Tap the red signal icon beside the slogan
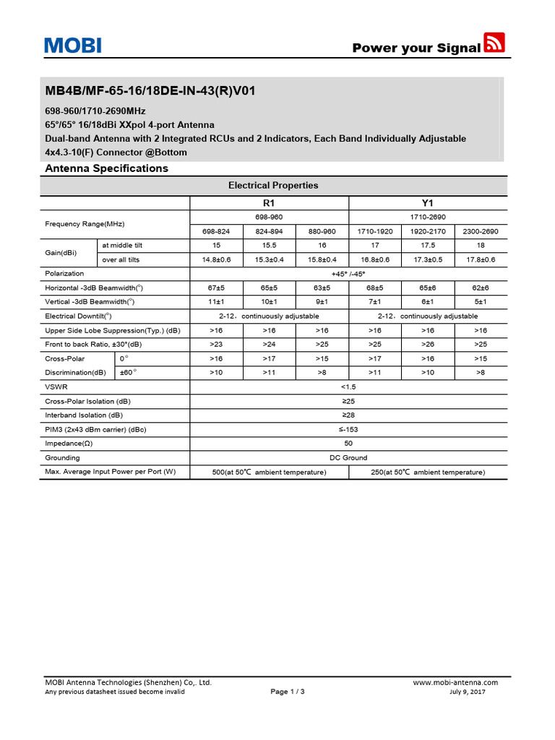tap(494, 43)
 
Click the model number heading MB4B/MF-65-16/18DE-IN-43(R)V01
tap(150, 92)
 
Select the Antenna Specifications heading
tap(106, 168)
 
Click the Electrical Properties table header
tap(273, 185)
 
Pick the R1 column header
tap(269, 203)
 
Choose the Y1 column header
tap(428, 203)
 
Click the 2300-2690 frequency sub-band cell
tap(481, 231)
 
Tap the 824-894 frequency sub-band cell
tap(269, 231)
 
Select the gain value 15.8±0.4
tap(322, 259)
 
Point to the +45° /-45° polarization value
tap(348, 273)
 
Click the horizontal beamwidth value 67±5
tap(216, 288)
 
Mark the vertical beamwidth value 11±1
tap(216, 301)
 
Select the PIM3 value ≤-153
tap(348, 429)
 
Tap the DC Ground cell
tap(348, 457)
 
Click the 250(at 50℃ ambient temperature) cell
tap(428, 472)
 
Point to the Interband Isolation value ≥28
tap(348, 415)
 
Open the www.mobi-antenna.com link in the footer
tap(455, 682)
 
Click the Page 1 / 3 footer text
tap(288, 692)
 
